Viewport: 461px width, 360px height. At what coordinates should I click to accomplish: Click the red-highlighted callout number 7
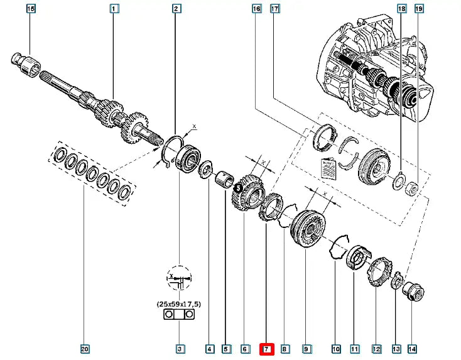coord(266,348)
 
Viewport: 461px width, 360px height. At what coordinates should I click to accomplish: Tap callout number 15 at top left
coord(31,9)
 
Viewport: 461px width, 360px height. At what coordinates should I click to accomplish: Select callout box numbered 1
coord(114,9)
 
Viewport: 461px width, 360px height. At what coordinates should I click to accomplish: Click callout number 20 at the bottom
coord(85,348)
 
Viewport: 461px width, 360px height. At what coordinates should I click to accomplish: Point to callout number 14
coord(412,348)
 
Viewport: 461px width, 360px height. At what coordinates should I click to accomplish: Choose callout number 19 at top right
coord(420,9)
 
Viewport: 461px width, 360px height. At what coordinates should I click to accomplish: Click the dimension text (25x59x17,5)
coord(179,304)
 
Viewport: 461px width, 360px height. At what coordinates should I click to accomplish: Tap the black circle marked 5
coord(238,187)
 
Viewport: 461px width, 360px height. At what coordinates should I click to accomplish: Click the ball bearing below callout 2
coord(188,157)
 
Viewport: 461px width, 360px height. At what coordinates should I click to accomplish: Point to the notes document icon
coord(326,168)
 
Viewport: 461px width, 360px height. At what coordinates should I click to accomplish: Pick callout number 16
coord(256,9)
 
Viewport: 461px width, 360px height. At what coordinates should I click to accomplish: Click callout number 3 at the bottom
coord(180,348)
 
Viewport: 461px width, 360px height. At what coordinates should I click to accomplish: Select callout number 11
coord(354,348)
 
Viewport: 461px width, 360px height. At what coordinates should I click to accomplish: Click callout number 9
coord(306,348)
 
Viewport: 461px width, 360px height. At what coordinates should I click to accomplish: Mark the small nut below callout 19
coord(411,187)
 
